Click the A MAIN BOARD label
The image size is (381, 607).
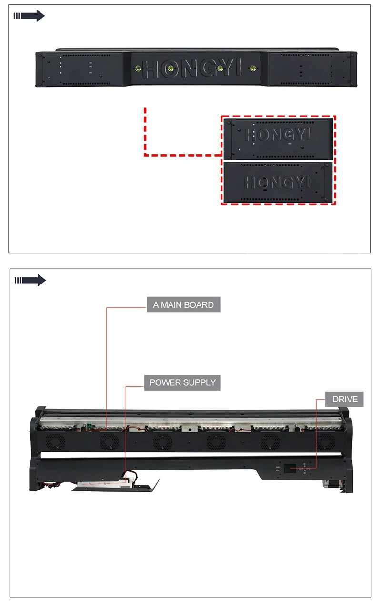tap(183, 305)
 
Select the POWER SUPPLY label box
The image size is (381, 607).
tap(182, 382)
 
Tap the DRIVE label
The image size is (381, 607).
tap(344, 399)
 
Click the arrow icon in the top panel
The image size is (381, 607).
tap(29, 16)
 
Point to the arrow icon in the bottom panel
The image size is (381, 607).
tap(30, 280)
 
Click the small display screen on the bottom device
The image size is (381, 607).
tap(291, 469)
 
